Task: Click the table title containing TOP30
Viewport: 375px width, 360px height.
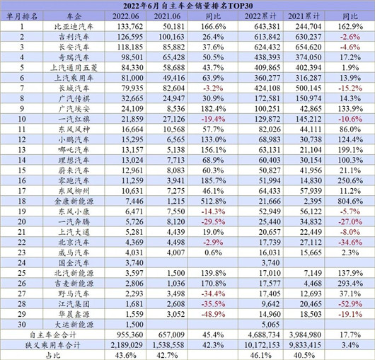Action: (187, 5)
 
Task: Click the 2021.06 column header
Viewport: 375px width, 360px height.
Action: (169, 16)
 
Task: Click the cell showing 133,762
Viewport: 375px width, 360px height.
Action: (127, 27)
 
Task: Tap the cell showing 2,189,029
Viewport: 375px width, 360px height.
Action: (127, 344)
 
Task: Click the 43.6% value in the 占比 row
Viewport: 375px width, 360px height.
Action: (127, 354)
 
